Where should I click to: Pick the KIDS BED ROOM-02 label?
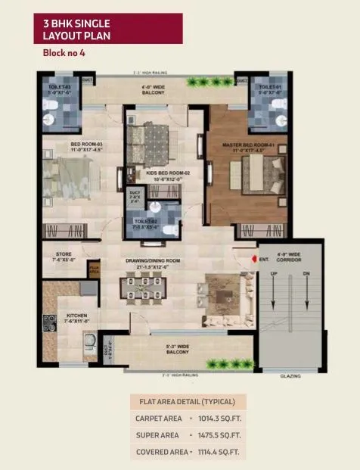(157, 175)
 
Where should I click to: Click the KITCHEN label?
(76, 318)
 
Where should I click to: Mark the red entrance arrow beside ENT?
(253, 260)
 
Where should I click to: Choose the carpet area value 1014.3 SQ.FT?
(220, 417)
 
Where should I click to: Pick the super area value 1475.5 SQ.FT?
(220, 434)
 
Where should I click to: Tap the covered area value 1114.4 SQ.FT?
(220, 452)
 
